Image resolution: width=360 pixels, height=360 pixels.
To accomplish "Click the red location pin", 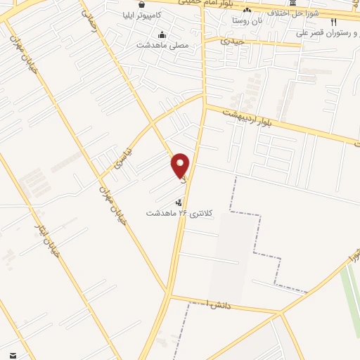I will click(181, 165).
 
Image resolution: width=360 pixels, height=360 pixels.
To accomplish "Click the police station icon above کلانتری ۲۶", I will click(176, 202).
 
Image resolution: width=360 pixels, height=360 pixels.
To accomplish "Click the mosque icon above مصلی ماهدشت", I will click(163, 35).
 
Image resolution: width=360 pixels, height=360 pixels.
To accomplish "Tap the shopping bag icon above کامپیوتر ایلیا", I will click(143, 4).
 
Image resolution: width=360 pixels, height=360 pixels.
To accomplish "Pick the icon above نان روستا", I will click(247, 11).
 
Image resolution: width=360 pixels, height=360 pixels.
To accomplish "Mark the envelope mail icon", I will click(13, 355).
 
